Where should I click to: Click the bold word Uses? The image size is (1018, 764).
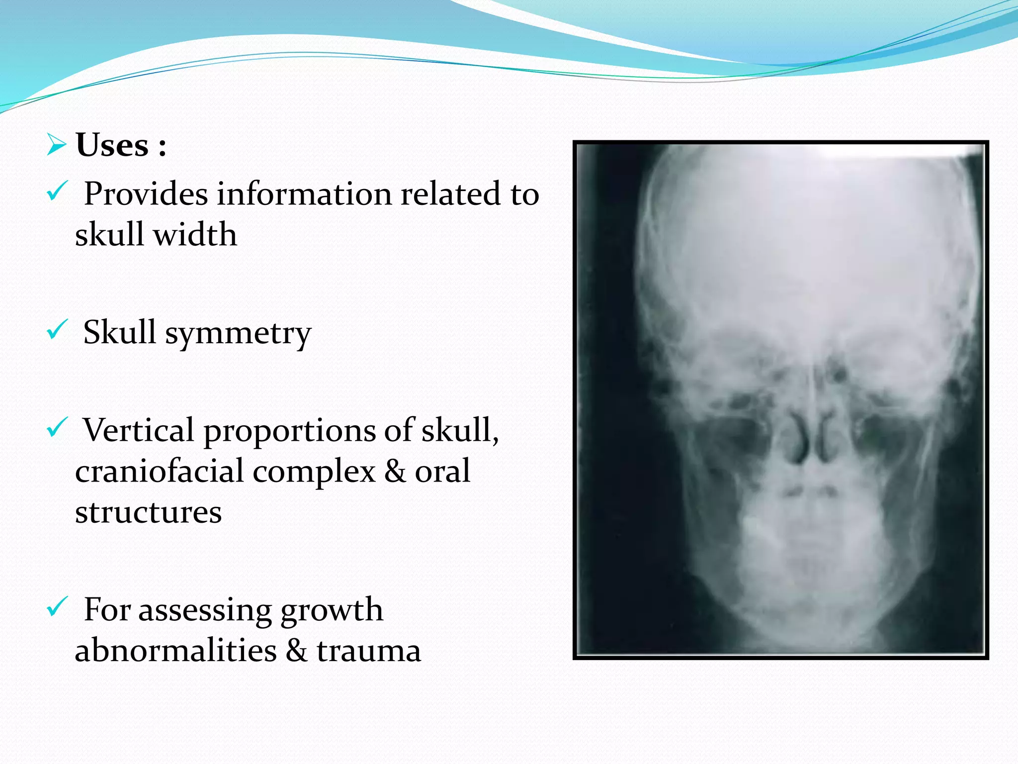point(112,145)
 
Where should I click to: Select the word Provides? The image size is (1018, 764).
point(146,193)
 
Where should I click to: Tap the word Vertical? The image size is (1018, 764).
point(138,430)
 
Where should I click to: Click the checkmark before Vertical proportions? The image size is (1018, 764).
point(57,427)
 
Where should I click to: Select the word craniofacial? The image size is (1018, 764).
point(159,471)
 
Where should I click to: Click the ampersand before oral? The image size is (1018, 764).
point(395,471)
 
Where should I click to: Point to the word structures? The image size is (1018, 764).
point(148,512)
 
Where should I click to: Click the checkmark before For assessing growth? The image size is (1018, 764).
point(57,606)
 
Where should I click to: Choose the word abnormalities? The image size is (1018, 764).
point(175,650)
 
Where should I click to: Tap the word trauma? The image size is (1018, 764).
point(369,650)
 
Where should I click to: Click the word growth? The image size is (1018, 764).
point(332,610)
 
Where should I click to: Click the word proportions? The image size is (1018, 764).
point(289,430)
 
